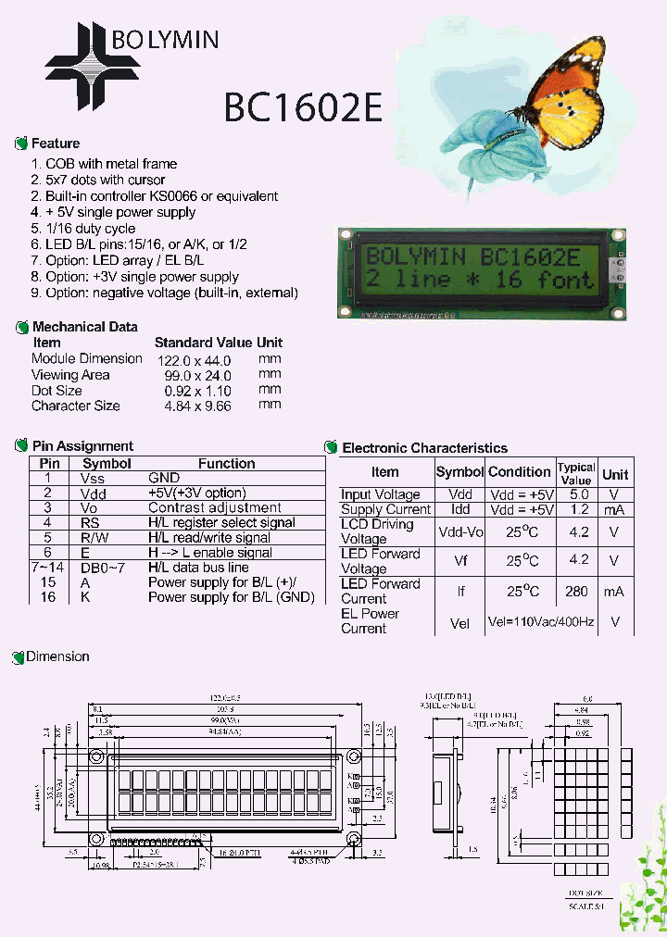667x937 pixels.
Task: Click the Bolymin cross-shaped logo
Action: pos(93,65)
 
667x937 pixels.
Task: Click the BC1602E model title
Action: pos(303,107)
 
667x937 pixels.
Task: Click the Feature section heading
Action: pos(55,144)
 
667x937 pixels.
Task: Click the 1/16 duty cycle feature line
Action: pos(90,229)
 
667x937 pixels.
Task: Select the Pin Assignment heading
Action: pos(82,446)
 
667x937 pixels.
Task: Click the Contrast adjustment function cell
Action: pos(215,507)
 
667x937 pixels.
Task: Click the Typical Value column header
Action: pos(576,474)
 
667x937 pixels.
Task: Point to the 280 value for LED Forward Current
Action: pos(577,592)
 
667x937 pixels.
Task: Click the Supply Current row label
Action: pos(385,509)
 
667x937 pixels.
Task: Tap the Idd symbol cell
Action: pos(459,509)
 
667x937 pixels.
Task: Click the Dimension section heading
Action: pos(57,656)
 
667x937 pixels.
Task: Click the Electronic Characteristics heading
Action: pos(424,448)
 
